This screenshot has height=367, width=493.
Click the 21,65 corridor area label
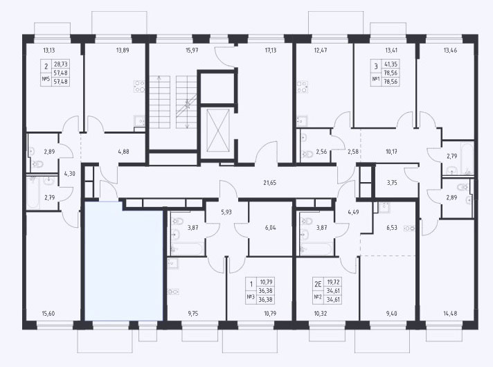pyautogui.click(x=270, y=182)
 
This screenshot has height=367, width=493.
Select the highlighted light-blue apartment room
pyautogui.click(x=123, y=261)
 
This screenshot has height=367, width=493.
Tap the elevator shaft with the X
pyautogui.click(x=218, y=130)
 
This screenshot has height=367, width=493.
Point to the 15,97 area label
pyautogui.click(x=192, y=50)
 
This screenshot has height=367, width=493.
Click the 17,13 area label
pyautogui.click(x=271, y=50)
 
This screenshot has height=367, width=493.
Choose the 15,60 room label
pyautogui.click(x=48, y=313)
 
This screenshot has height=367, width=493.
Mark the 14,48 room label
pyautogui.click(x=450, y=313)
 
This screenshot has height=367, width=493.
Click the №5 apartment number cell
pyautogui.click(x=46, y=80)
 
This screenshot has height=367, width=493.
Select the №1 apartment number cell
pyautogui.click(x=376, y=80)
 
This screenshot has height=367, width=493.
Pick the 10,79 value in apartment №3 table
pyautogui.click(x=265, y=282)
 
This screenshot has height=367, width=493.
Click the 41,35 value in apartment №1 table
pyautogui.click(x=391, y=64)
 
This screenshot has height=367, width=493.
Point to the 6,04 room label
pyautogui.click(x=271, y=227)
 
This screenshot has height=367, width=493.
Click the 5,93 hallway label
pyautogui.click(x=226, y=212)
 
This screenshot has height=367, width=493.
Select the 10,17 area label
pyautogui.click(x=391, y=152)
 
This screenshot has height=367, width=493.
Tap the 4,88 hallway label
pyautogui.click(x=123, y=152)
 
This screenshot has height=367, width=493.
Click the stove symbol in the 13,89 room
pyautogui.click(x=139, y=87)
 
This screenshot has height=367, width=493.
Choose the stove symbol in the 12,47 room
pyautogui.click(x=302, y=87)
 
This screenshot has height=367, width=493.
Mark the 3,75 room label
pyautogui.click(x=392, y=182)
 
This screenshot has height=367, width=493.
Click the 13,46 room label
pyautogui.click(x=450, y=50)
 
